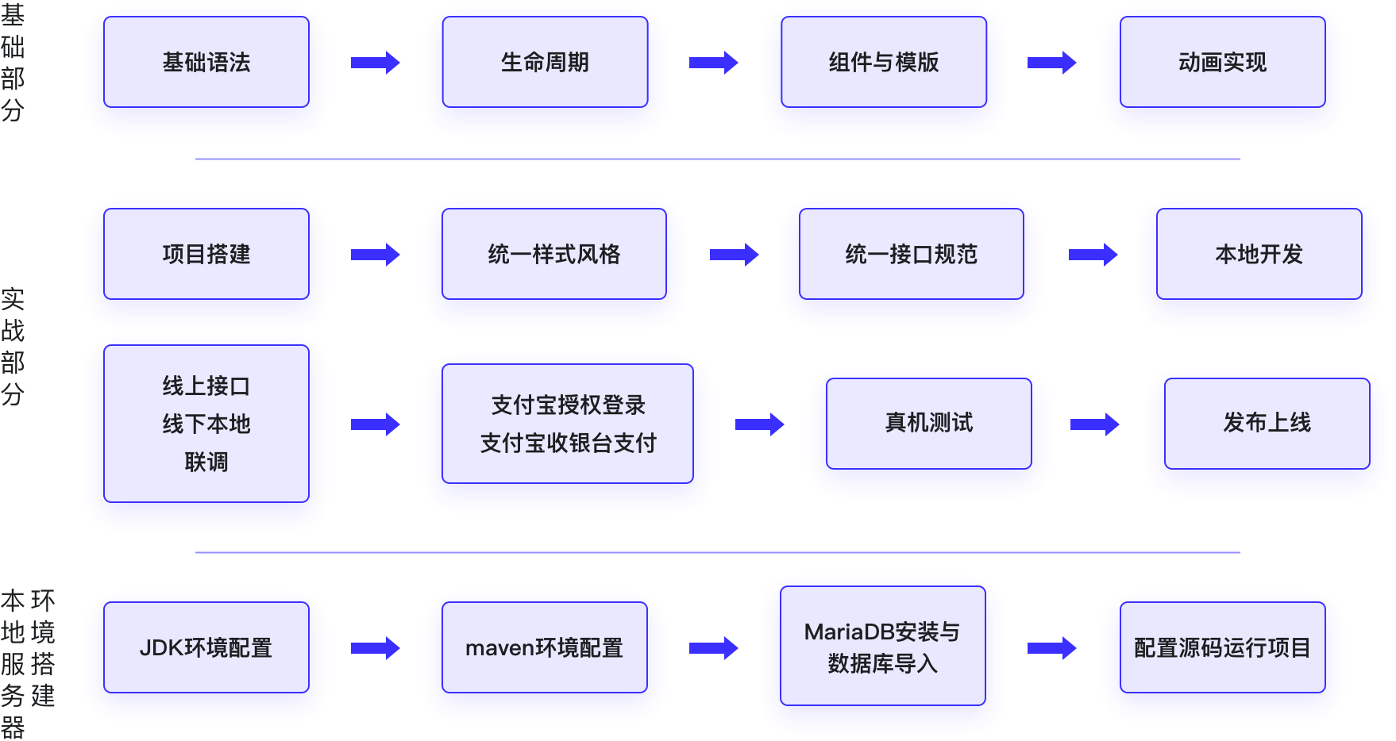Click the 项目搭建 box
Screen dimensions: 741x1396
pos(206,254)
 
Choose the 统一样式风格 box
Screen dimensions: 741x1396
pos(553,254)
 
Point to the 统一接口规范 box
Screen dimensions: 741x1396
pos(911,254)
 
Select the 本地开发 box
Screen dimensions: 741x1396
pos(1259,254)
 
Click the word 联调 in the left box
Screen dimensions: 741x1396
pos(206,462)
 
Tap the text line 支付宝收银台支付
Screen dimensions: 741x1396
pos(568,443)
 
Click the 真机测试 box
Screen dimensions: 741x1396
pos(928,423)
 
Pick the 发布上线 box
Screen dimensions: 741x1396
pos(1267,423)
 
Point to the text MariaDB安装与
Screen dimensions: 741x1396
pos(882,632)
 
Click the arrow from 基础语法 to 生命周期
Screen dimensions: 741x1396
pos(376,63)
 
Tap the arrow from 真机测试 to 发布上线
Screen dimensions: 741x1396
pos(1094,424)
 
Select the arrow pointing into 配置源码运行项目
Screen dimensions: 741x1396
pos(1051,648)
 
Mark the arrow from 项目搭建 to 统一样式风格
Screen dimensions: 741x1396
pos(376,255)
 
